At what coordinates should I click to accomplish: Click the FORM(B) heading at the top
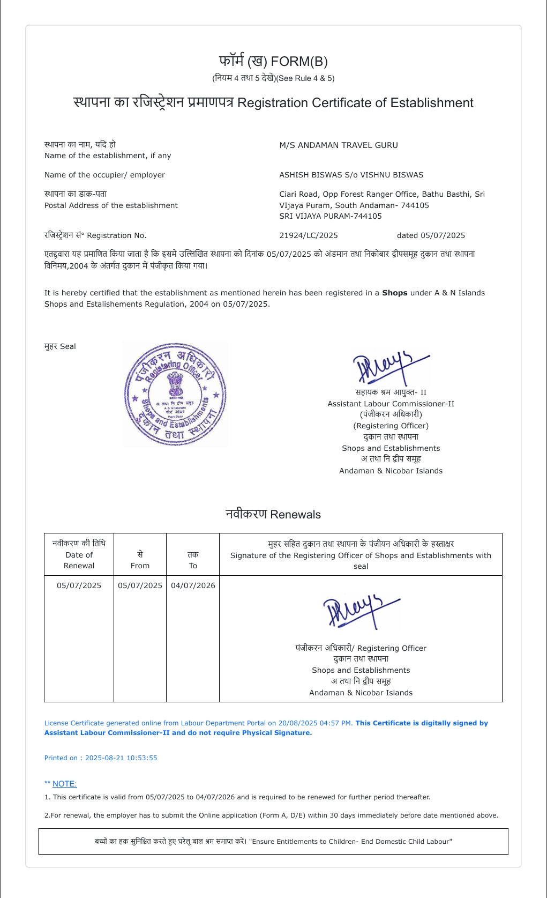[x=273, y=62]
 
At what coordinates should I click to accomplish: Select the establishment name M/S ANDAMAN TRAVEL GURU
[x=338, y=145]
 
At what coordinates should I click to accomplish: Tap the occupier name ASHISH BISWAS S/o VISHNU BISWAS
[x=351, y=175]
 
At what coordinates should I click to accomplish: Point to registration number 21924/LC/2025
[x=309, y=235]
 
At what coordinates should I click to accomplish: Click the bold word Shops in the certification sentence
[x=394, y=293]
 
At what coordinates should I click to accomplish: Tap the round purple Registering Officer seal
[x=175, y=395]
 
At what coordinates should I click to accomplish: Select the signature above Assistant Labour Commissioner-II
[x=390, y=367]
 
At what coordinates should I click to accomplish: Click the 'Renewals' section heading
[x=273, y=514]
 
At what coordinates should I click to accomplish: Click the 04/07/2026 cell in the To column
[x=193, y=585]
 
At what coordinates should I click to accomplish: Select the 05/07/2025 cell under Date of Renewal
[x=79, y=585]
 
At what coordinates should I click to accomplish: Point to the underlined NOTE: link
[x=64, y=784]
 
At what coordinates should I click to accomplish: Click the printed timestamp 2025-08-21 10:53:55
[x=121, y=758]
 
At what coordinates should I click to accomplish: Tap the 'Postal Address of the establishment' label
[x=111, y=205]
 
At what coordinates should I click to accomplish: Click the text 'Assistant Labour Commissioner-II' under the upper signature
[x=391, y=404]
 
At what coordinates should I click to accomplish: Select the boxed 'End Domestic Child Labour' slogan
[x=273, y=842]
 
